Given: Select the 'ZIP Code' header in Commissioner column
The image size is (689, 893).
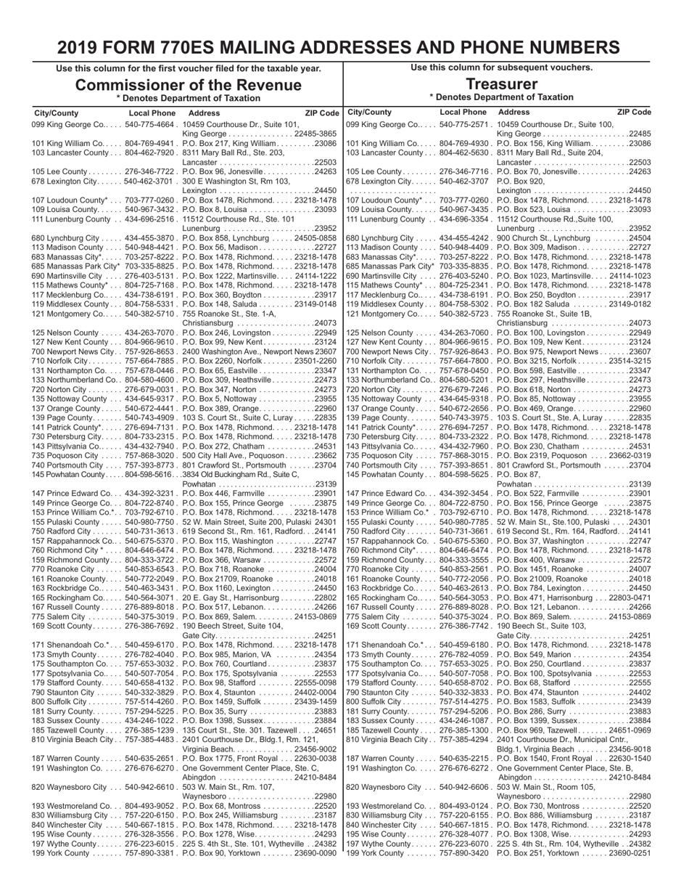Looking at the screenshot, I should [322, 113].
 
